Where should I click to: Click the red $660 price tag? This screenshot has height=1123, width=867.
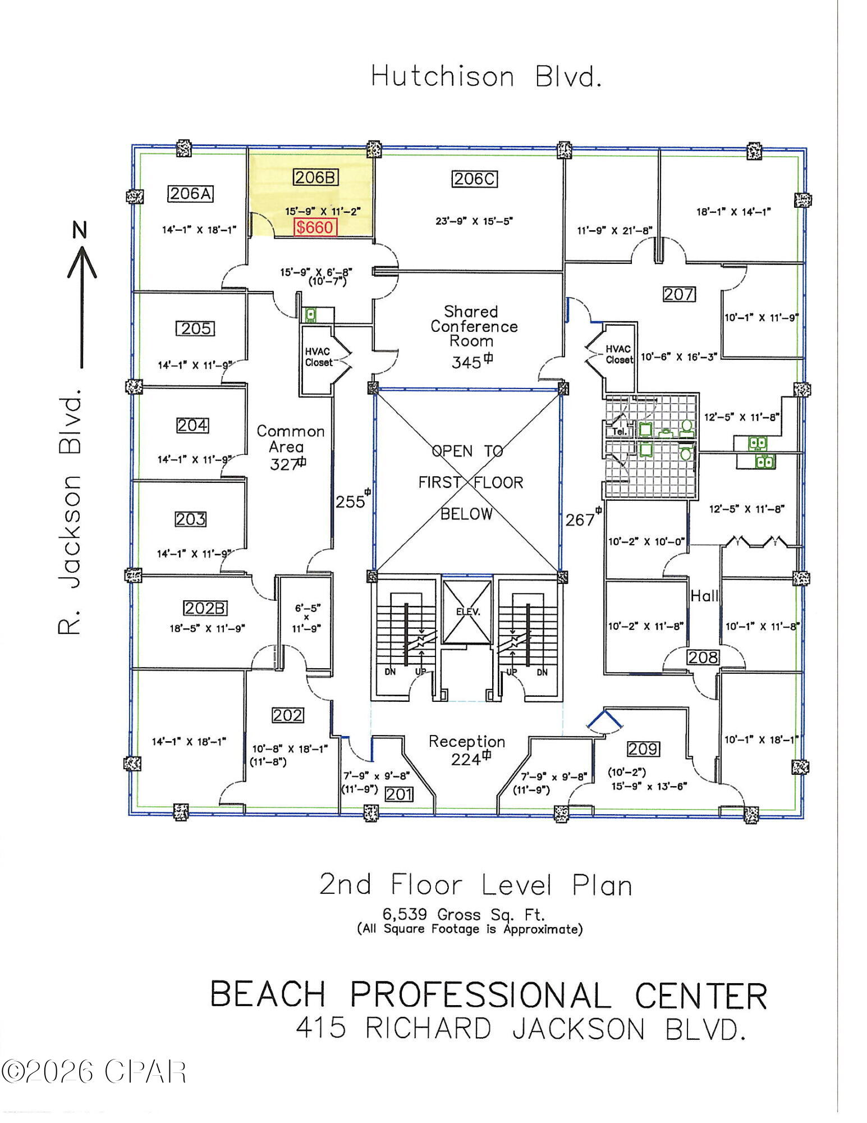point(315,227)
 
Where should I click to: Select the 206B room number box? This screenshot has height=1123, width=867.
point(315,177)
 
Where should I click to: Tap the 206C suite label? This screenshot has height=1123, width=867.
point(475,179)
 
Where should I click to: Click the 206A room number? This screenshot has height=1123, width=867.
point(191,194)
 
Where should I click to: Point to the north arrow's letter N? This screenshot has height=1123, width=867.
point(81,230)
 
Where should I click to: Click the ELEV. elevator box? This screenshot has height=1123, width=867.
point(467,612)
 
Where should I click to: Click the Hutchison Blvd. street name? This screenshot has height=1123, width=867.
point(486,76)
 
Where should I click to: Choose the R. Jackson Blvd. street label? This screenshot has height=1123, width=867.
point(70,511)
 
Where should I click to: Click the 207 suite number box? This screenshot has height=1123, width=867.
point(679,294)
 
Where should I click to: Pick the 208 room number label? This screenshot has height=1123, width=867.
point(703,657)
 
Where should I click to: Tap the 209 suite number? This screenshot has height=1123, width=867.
point(643,749)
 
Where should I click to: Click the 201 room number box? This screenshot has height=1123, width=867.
point(399,794)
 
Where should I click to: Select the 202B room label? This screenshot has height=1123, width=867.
point(205,608)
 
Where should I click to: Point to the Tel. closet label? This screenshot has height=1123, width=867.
point(619,431)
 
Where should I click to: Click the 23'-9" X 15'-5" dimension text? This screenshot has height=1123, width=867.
point(474,221)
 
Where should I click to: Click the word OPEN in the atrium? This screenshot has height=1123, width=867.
point(452,451)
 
